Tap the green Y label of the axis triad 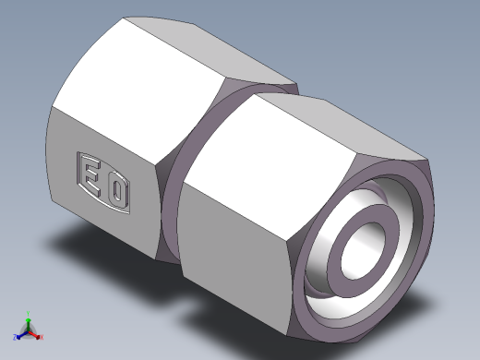(x=29, y=314)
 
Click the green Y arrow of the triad (x=29, y=321)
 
